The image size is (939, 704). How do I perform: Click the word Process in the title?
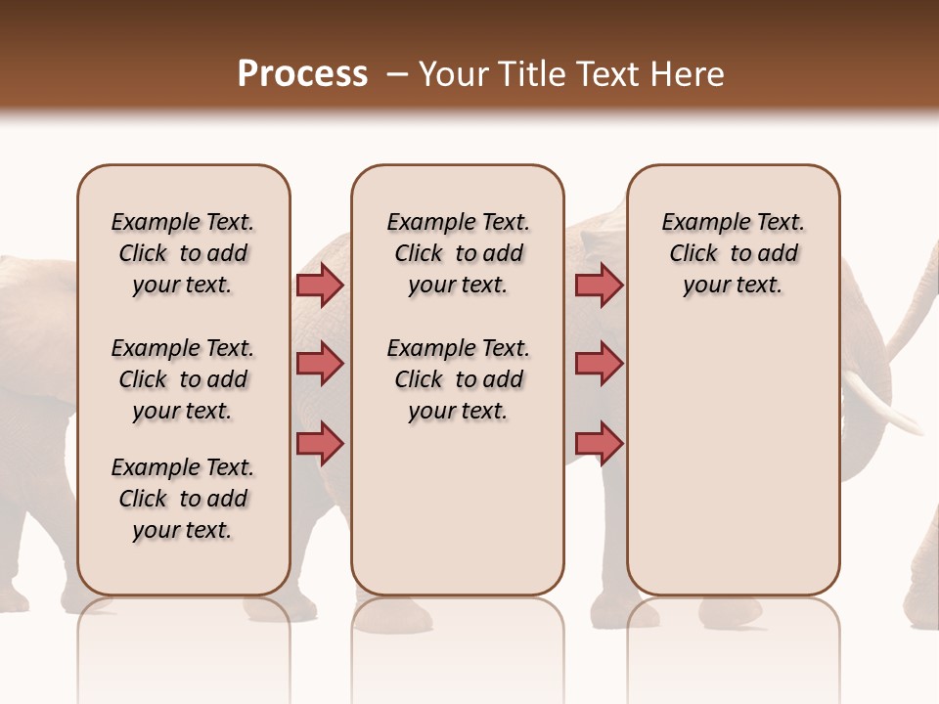click(302, 73)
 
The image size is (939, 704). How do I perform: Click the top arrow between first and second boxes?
click(320, 285)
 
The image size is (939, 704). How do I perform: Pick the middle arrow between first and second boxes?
click(320, 364)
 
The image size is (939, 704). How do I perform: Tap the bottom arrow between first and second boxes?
click(320, 443)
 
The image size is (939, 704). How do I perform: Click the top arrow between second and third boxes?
click(599, 285)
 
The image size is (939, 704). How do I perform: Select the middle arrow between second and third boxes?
click(599, 364)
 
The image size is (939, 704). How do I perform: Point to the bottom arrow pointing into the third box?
click(599, 443)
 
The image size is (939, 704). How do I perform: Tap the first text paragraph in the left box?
click(183, 253)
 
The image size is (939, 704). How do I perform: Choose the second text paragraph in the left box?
click(183, 379)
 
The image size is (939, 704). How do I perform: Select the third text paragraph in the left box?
click(183, 499)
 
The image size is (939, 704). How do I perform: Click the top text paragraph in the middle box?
click(459, 253)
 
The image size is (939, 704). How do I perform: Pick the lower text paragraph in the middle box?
click(459, 379)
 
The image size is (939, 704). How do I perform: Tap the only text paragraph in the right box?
click(733, 253)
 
